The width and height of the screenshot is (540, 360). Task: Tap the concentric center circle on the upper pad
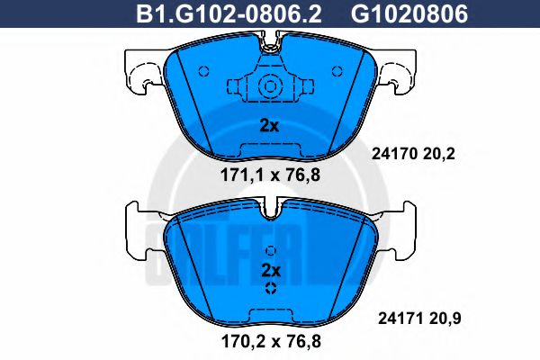pos(269,86)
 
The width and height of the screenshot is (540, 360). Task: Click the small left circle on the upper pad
pos(202,70)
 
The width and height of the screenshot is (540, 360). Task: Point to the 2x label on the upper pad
pos(269,126)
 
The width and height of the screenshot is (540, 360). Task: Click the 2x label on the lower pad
pos(270,270)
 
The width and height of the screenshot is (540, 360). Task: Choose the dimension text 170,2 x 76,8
pos(269,340)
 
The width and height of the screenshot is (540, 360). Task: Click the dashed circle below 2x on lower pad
pos(270,288)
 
